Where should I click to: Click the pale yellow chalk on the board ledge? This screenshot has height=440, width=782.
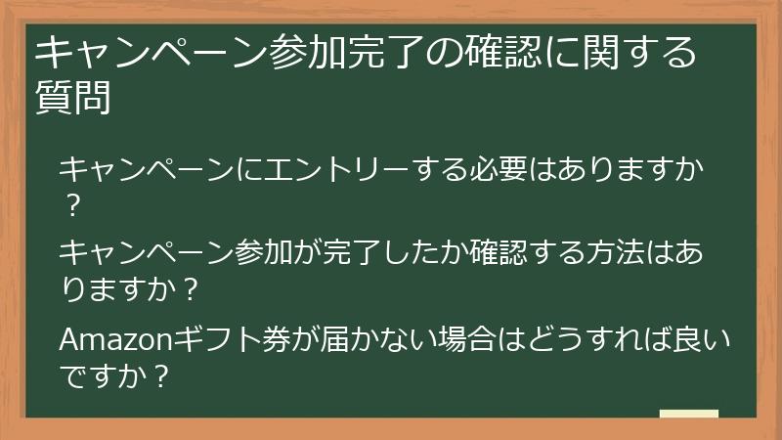(688, 414)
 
